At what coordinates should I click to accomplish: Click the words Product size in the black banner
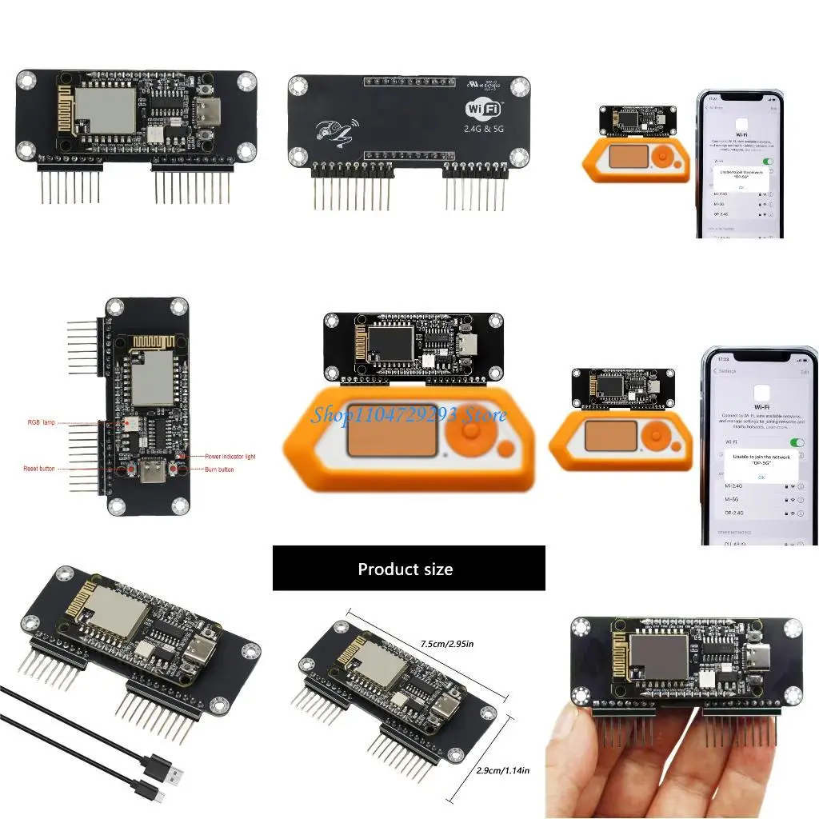pos(406,569)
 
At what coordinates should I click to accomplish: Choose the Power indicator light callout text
pos(230,456)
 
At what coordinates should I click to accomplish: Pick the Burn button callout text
pos(220,469)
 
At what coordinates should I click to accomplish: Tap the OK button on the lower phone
pos(761,477)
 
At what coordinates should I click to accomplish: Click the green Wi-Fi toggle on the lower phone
pos(797,441)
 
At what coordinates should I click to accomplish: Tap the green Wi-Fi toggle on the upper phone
pos(769,161)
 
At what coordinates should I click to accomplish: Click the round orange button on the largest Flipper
pos(470,433)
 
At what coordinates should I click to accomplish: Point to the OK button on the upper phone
pos(741,186)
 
